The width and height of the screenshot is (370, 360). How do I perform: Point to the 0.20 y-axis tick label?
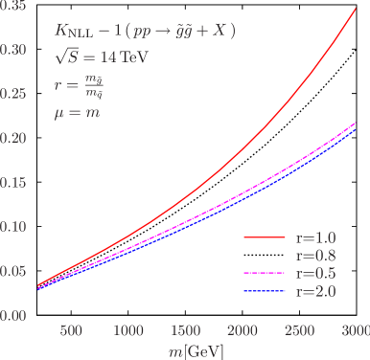tap(12, 139)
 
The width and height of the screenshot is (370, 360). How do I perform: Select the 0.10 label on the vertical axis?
tap(12, 227)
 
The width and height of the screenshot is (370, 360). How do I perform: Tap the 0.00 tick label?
tap(12, 315)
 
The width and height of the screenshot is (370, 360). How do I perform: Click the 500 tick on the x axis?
tap(70, 330)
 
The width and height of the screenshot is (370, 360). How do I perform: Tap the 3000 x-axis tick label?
tap(355, 330)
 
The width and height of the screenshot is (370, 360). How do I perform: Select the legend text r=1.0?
tap(317, 236)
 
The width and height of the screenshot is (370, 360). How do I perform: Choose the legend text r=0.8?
tap(317, 255)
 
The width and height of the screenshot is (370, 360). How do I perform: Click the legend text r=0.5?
tap(317, 273)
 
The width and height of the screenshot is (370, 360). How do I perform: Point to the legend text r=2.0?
tap(317, 291)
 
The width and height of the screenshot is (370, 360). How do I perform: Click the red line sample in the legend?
tap(265, 236)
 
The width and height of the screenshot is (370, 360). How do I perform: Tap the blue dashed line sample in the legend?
tap(265, 291)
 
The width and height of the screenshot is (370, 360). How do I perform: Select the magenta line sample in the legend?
tap(265, 273)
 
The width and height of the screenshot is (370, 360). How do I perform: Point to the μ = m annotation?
tap(78, 113)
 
